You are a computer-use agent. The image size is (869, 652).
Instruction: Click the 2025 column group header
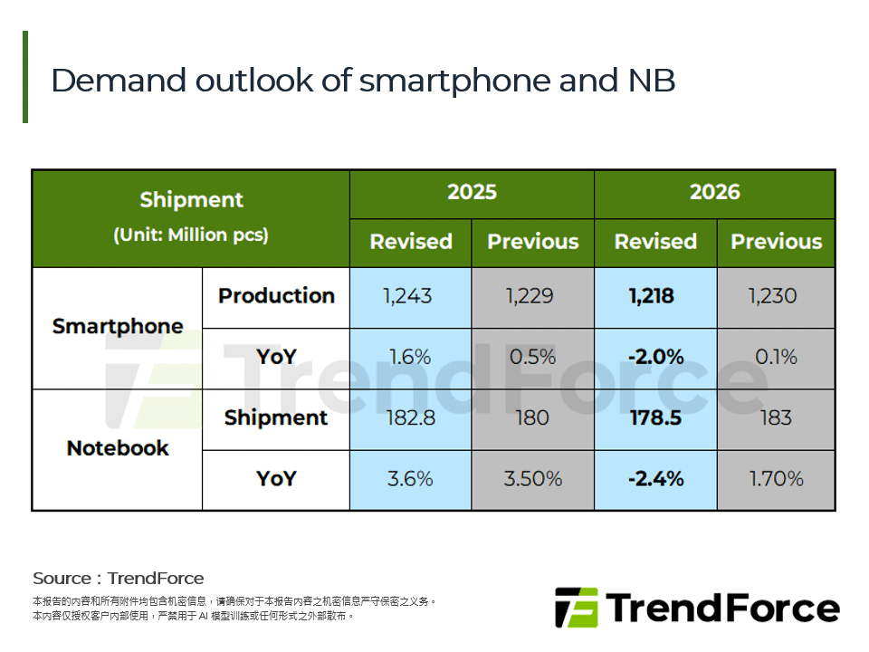[x=472, y=192]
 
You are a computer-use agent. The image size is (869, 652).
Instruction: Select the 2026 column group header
[x=714, y=192]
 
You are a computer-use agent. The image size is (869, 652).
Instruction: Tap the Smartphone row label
[x=118, y=326]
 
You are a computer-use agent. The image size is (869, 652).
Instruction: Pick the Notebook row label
[x=118, y=448]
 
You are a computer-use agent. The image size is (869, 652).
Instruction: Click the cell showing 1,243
[x=410, y=296]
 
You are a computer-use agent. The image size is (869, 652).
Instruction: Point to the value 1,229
[x=532, y=296]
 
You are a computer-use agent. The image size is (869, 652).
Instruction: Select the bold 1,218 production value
[x=654, y=296]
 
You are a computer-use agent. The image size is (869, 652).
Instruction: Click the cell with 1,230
[x=776, y=296]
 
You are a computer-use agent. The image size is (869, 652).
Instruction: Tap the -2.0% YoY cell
[x=654, y=357]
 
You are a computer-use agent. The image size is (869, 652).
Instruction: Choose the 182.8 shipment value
[x=410, y=417]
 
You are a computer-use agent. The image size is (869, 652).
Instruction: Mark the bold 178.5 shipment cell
[x=654, y=417]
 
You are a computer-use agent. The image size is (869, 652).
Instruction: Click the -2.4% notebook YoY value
[x=654, y=478]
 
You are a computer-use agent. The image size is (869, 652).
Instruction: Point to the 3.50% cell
[x=532, y=478]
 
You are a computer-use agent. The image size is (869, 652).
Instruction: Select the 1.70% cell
[x=776, y=478]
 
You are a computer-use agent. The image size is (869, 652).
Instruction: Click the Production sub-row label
[x=276, y=296]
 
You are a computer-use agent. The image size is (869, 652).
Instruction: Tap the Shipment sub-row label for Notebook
[x=276, y=417]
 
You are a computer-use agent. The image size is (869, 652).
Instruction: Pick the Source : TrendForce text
[x=119, y=578]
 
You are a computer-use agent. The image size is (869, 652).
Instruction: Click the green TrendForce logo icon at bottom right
[x=577, y=608]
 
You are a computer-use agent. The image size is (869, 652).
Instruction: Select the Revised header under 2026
[x=655, y=242]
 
